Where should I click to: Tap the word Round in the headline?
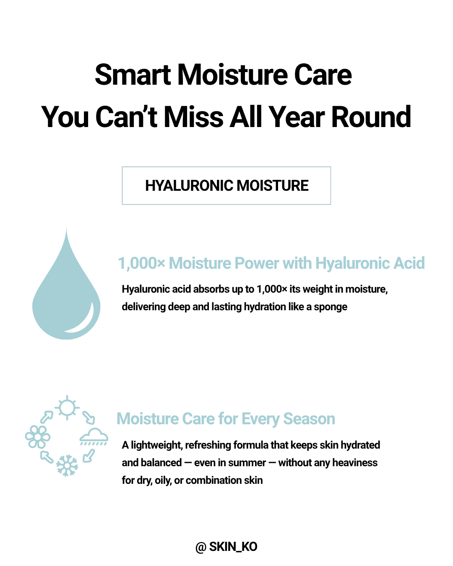[x=371, y=117]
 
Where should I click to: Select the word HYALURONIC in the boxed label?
[x=188, y=186]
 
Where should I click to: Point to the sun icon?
[x=67, y=408]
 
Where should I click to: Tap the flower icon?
[x=38, y=437]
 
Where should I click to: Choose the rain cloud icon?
[x=94, y=437]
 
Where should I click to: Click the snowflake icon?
[x=67, y=465]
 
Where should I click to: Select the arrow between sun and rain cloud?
[x=89, y=418]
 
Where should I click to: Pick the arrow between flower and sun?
[x=47, y=417]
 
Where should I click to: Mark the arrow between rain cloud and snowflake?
[x=89, y=456]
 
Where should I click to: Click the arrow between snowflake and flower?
[x=47, y=457]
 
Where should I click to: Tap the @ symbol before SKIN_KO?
[x=201, y=547]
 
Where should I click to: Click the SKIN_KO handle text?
[x=233, y=547]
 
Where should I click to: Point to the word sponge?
[x=331, y=307]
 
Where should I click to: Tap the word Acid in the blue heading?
[x=409, y=263]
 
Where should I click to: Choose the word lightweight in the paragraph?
[x=156, y=445]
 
